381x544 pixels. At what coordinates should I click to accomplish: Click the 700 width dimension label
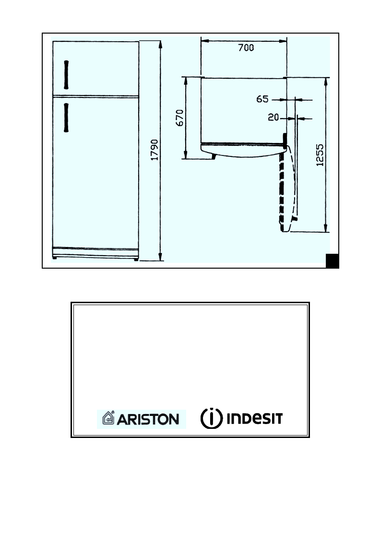[246, 48]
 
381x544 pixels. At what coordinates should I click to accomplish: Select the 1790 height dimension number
[155, 151]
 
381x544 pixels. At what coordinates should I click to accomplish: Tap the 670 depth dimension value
[179, 118]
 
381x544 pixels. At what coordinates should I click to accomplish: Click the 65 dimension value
[262, 99]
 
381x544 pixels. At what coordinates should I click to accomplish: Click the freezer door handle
[66, 75]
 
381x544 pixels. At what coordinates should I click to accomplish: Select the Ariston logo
[142, 419]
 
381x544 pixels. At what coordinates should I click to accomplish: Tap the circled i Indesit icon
[211, 419]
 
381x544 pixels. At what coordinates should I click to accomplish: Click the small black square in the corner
[333, 260]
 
